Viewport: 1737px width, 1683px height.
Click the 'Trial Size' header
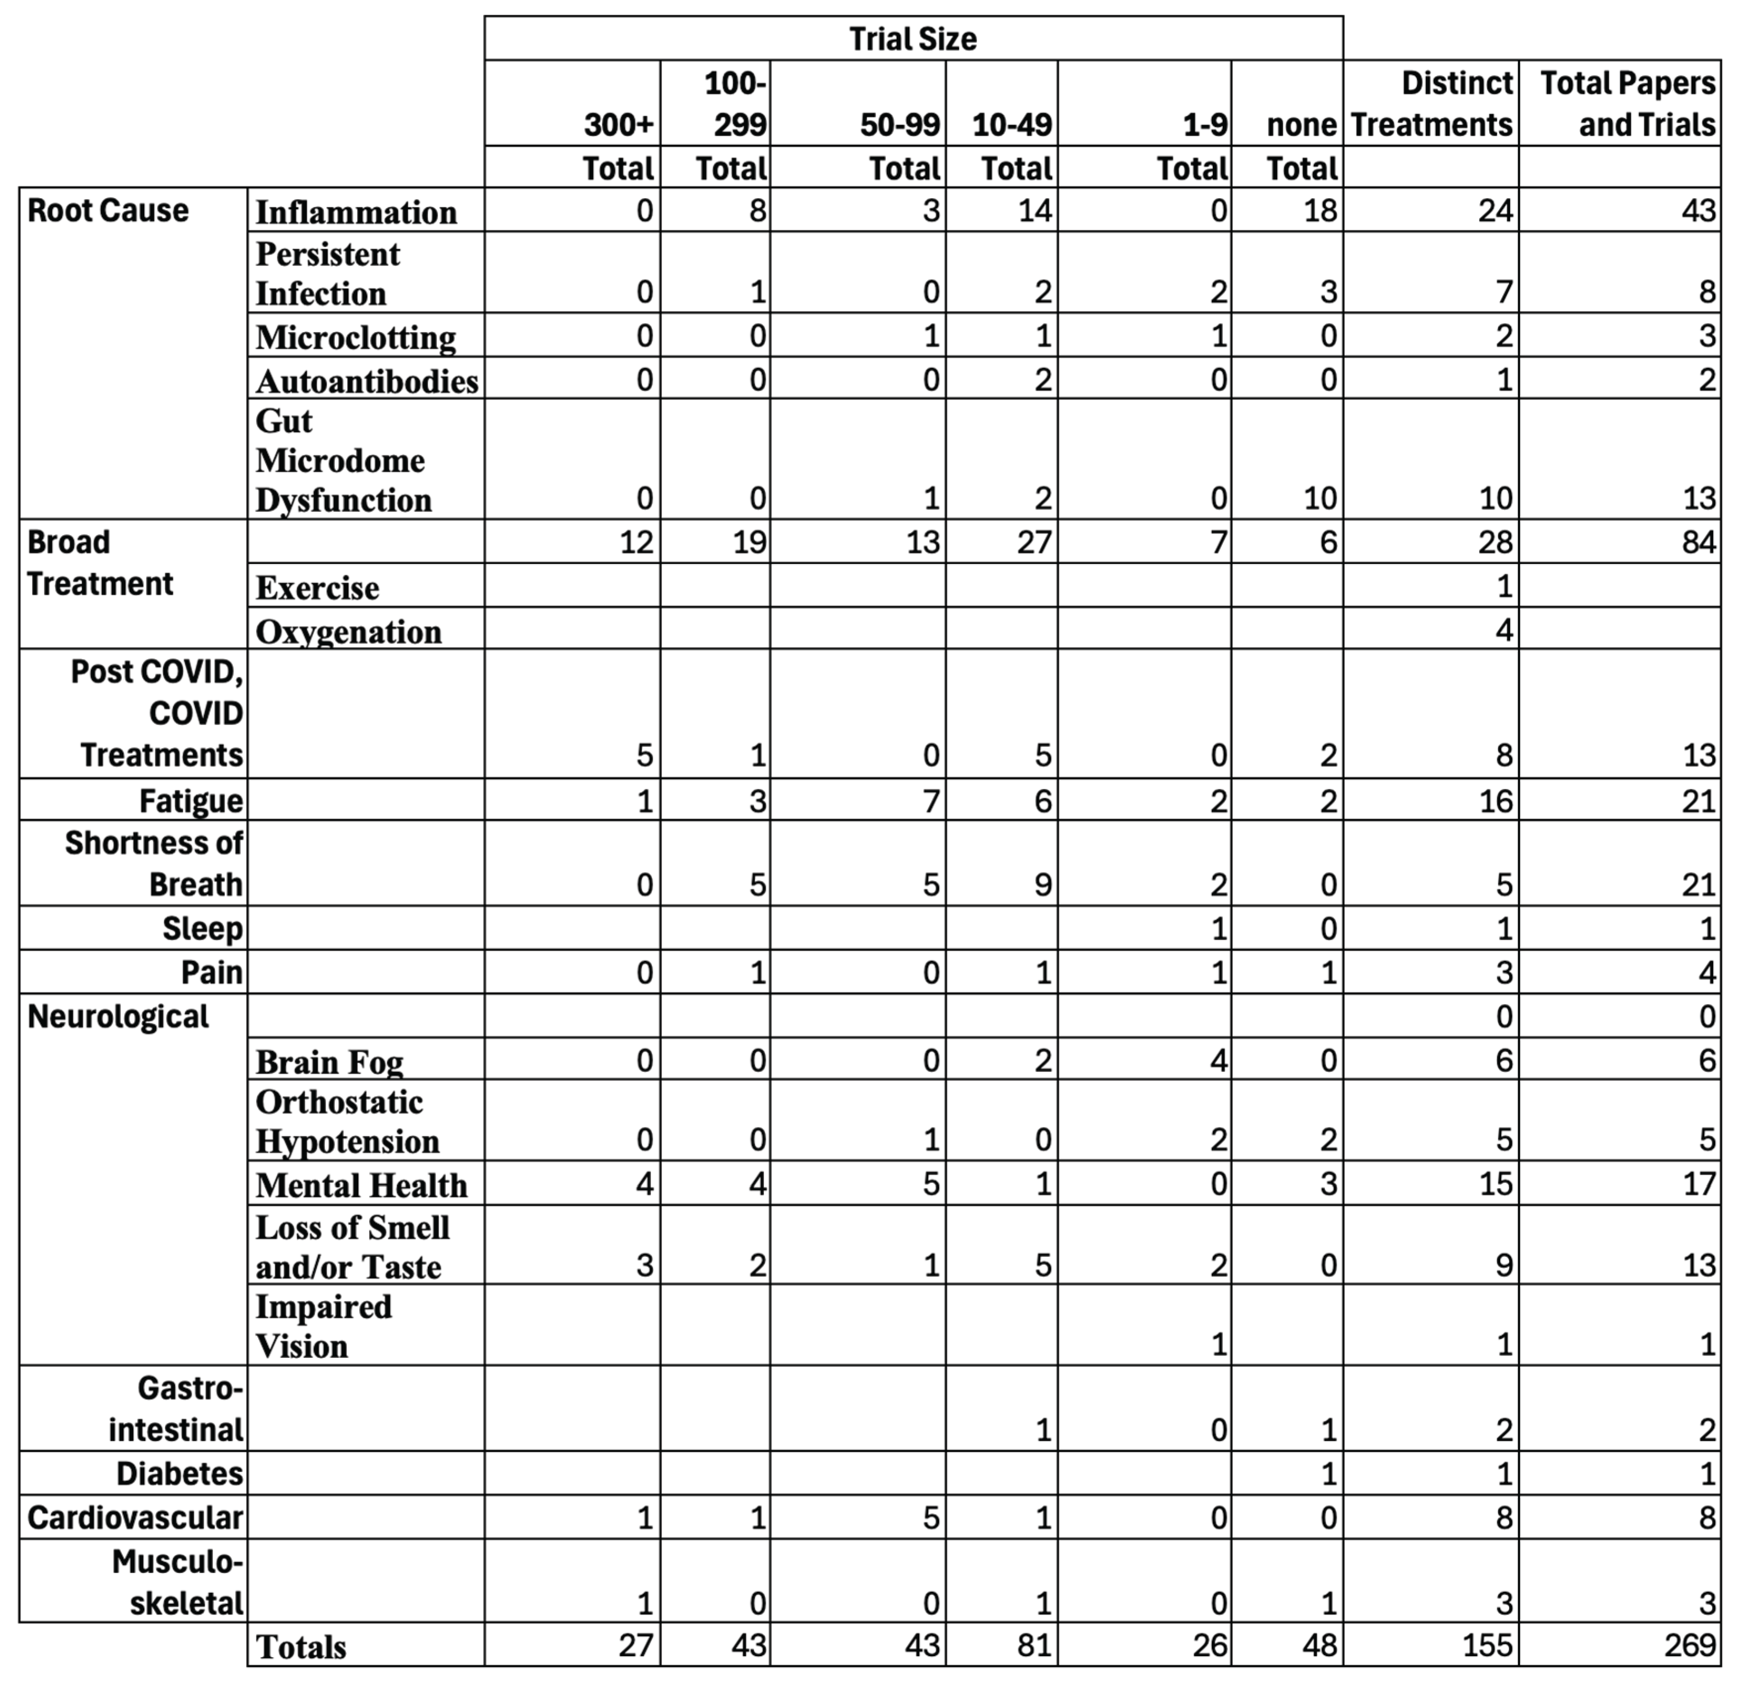pos(913,39)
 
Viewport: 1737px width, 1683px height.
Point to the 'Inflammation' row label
pos(356,212)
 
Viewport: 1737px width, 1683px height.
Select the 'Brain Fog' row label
pos(329,1061)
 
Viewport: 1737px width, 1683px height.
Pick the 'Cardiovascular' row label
pos(135,1517)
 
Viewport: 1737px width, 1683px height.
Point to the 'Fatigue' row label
pos(191,801)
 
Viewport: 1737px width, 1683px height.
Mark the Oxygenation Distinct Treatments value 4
pos(1504,630)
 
